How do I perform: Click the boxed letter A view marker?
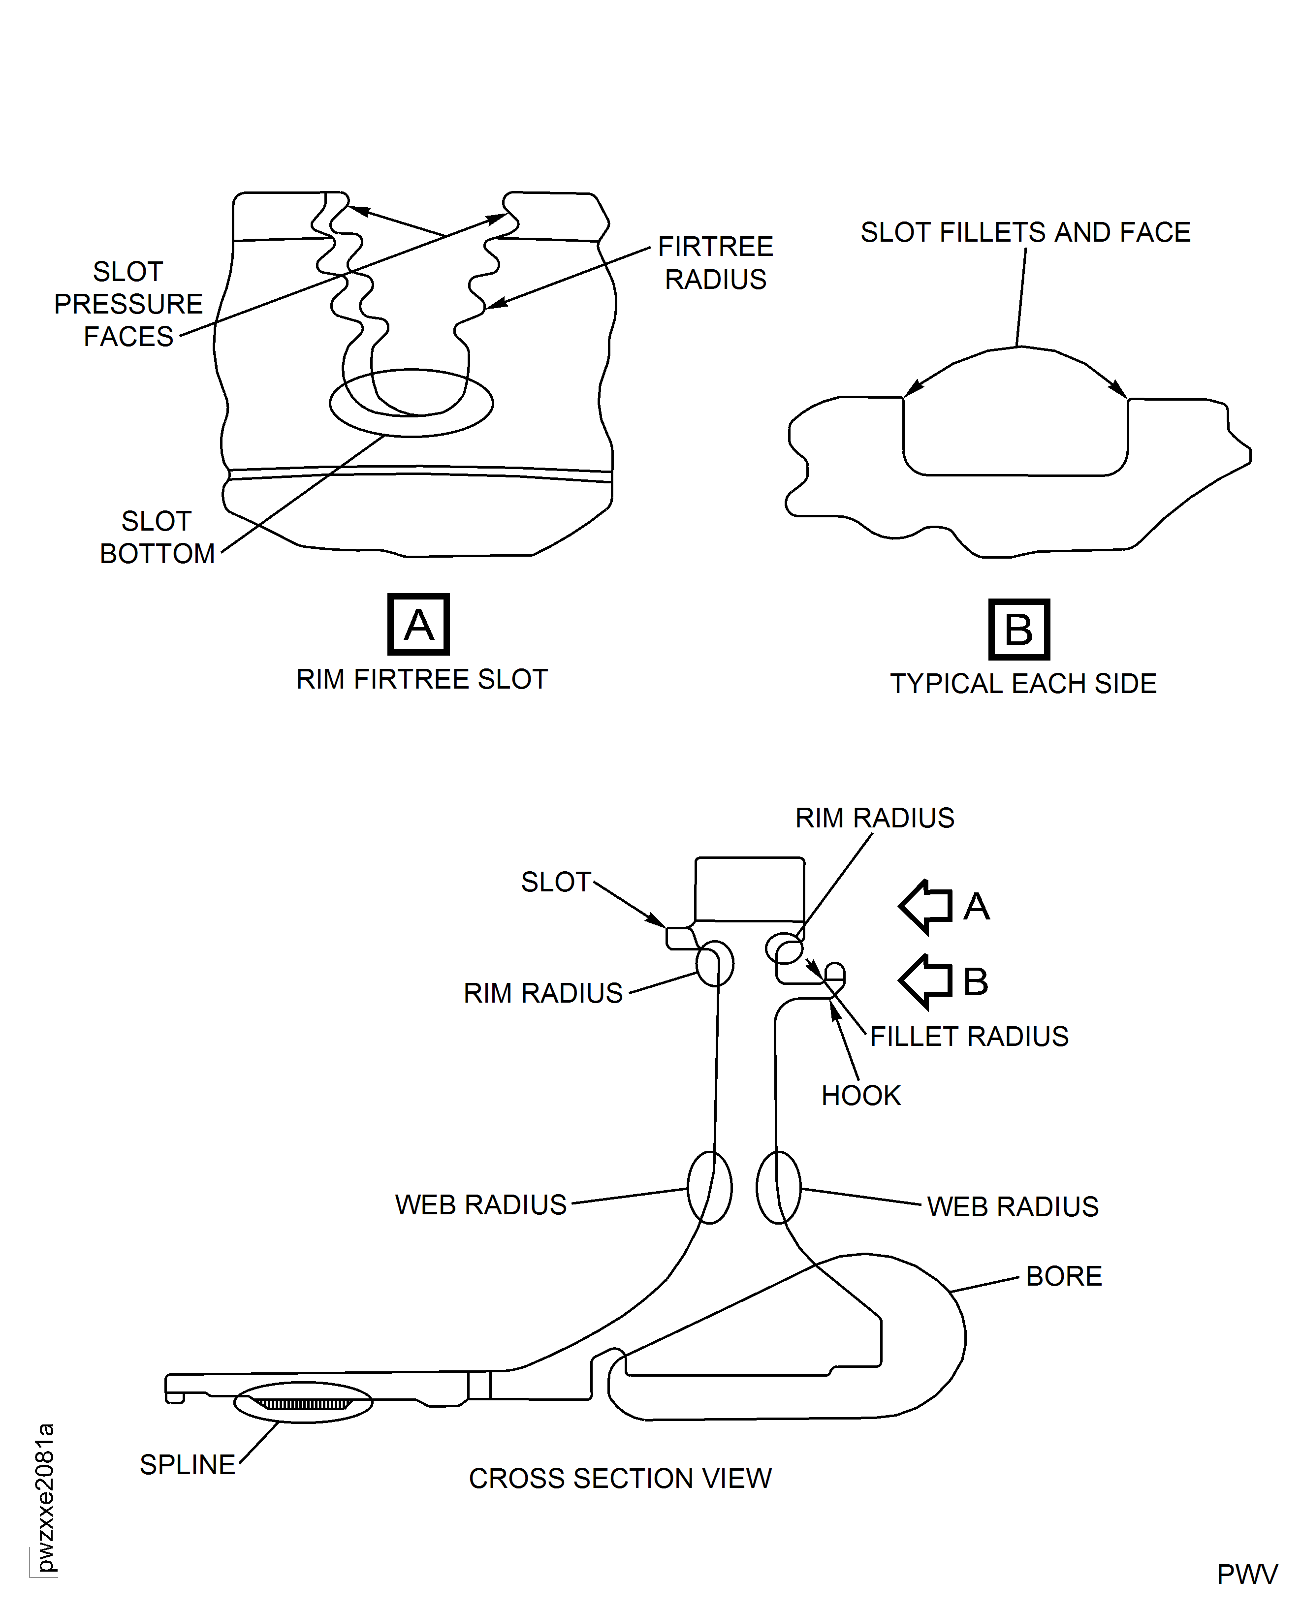tap(418, 624)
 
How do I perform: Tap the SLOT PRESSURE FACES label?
tap(128, 304)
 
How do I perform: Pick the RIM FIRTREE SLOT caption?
tap(422, 679)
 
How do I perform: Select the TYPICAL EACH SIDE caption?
tap(1023, 683)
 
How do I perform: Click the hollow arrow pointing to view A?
tap(926, 907)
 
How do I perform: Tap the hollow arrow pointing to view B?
tap(926, 981)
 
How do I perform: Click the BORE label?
tap(1063, 1276)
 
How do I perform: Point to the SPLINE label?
tap(188, 1464)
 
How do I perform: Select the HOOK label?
tap(860, 1096)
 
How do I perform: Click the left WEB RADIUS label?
tap(480, 1205)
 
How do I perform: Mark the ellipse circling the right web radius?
tap(779, 1188)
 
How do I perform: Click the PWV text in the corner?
tap(1246, 1574)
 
